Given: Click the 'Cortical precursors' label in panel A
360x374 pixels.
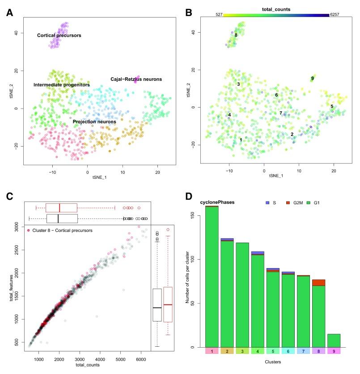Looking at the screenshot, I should click(59, 35).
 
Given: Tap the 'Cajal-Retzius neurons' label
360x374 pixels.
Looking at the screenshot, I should click(136, 79).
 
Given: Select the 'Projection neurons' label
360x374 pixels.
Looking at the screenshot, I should click(94, 121).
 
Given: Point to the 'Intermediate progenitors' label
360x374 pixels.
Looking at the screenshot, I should click(61, 84).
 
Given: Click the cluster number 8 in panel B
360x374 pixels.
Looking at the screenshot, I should click(236, 35).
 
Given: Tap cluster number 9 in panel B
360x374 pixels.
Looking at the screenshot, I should click(312, 79).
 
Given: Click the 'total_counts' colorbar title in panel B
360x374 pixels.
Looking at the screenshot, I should click(276, 8).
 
